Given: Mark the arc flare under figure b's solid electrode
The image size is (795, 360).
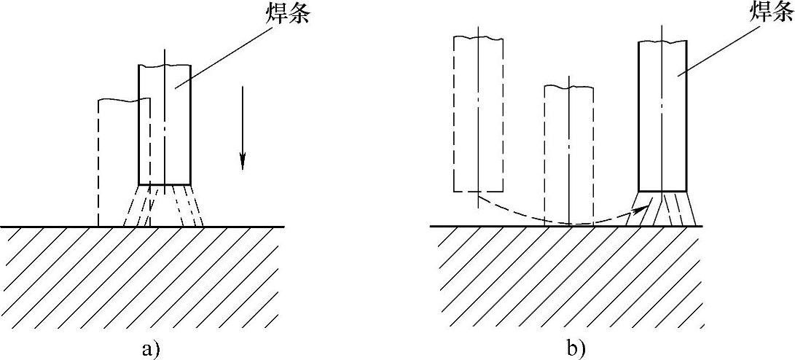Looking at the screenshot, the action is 665,208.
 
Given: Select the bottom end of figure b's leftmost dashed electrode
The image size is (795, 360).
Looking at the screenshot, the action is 478,192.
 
